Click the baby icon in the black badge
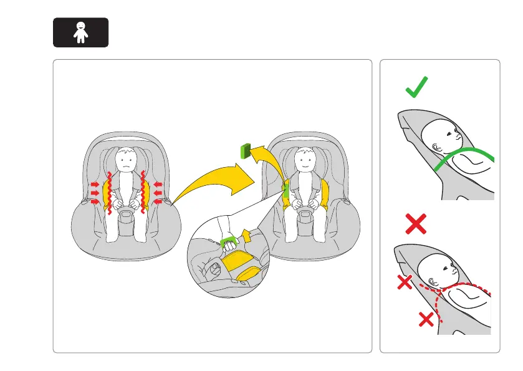pyautogui.click(x=80, y=32)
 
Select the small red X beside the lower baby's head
pyautogui.click(x=405, y=284)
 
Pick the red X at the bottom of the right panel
pyautogui.click(x=426, y=320)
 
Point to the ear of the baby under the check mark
pyautogui.click(x=436, y=146)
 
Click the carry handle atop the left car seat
pyautogui.click(x=127, y=136)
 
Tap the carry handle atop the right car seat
pyautogui.click(x=305, y=135)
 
